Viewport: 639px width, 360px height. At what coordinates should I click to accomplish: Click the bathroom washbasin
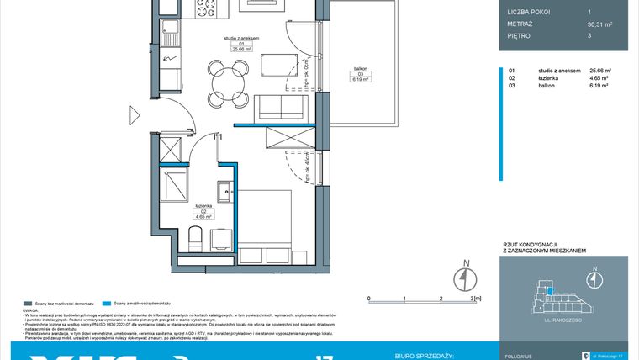(x=225, y=192)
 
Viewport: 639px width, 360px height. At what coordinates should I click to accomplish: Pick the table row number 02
(x=511, y=78)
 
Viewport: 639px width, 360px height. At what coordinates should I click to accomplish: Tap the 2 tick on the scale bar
(x=440, y=298)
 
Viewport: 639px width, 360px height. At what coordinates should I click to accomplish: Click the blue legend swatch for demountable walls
(x=105, y=302)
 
